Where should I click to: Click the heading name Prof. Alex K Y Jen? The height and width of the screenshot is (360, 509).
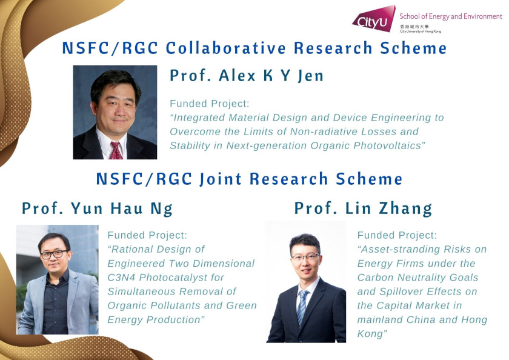(247, 76)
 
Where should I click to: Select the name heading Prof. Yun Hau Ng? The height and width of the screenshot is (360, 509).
(98, 208)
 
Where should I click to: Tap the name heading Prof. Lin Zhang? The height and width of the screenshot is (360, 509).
(363, 208)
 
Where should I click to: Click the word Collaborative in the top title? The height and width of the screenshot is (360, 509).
(226, 48)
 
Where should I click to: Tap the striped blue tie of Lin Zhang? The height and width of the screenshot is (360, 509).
(302, 307)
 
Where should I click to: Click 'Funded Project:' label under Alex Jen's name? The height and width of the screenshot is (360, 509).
(209, 104)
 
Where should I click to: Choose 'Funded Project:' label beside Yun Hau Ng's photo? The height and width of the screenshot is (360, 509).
(147, 235)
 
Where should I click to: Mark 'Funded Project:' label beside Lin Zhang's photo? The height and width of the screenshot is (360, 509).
(397, 235)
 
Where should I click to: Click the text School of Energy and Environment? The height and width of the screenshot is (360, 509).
(450, 16)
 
